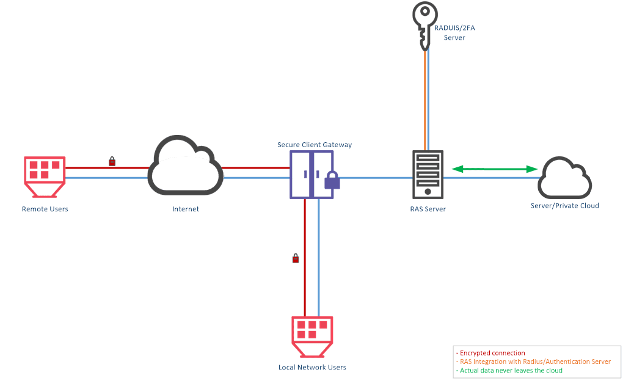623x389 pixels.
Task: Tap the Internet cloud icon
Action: click(185, 187)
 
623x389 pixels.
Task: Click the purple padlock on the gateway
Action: click(332, 180)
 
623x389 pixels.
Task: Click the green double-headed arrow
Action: click(495, 169)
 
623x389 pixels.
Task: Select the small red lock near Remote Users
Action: click(112, 161)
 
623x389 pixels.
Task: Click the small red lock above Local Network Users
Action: click(296, 258)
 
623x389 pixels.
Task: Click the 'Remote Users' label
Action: click(45, 209)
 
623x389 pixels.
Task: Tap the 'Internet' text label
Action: click(186, 209)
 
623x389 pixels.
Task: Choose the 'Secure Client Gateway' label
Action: click(315, 145)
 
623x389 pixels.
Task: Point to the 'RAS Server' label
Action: click(428, 209)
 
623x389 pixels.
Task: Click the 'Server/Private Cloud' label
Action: click(564, 205)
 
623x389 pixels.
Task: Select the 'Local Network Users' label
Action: click(312, 367)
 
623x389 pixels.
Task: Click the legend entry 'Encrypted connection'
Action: click(490, 353)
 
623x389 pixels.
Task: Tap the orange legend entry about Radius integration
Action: click(534, 362)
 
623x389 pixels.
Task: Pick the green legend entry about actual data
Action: click(509, 370)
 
